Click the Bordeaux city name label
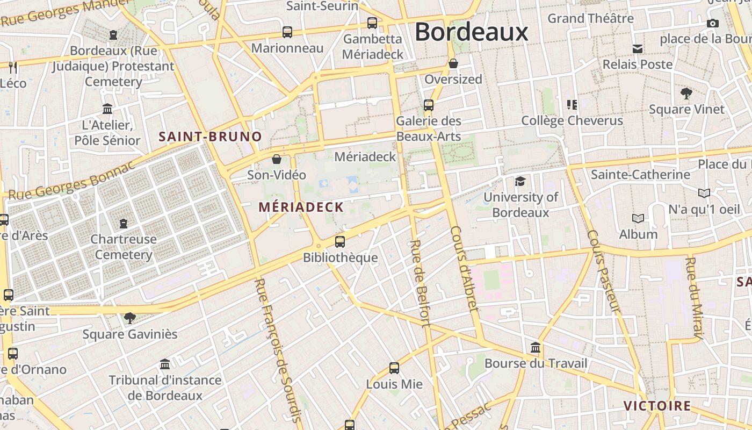pos(472,32)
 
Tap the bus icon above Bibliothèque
pos(340,242)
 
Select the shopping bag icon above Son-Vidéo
pos(277,159)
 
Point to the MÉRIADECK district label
pos(301,207)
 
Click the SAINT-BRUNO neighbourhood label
pos(210,137)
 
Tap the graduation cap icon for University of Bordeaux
pos(520,181)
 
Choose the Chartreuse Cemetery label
pos(124,247)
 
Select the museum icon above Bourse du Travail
pos(536,347)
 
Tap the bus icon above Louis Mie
pos(394,368)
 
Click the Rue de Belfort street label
pos(420,283)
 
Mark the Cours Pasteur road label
pos(604,271)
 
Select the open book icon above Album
pos(638,219)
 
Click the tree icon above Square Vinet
pos(686,94)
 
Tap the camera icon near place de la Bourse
pos(713,23)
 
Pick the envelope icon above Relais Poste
pos(638,49)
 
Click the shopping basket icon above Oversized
pos(453,64)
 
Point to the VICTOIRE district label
pos(657,406)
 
